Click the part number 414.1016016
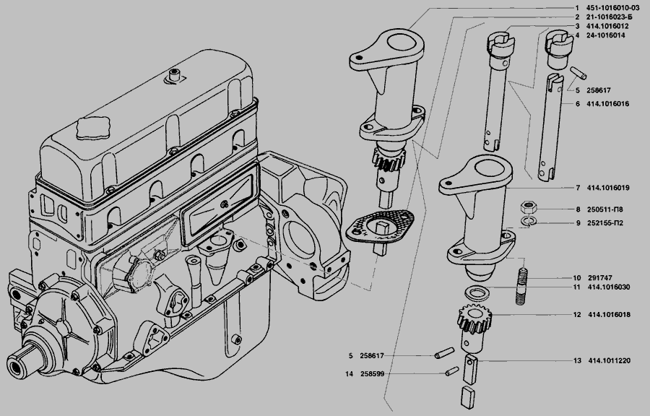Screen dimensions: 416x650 [607, 104]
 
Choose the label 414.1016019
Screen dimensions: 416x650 [607, 188]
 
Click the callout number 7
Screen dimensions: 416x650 [577, 188]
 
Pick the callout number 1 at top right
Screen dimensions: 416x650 [577, 7]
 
